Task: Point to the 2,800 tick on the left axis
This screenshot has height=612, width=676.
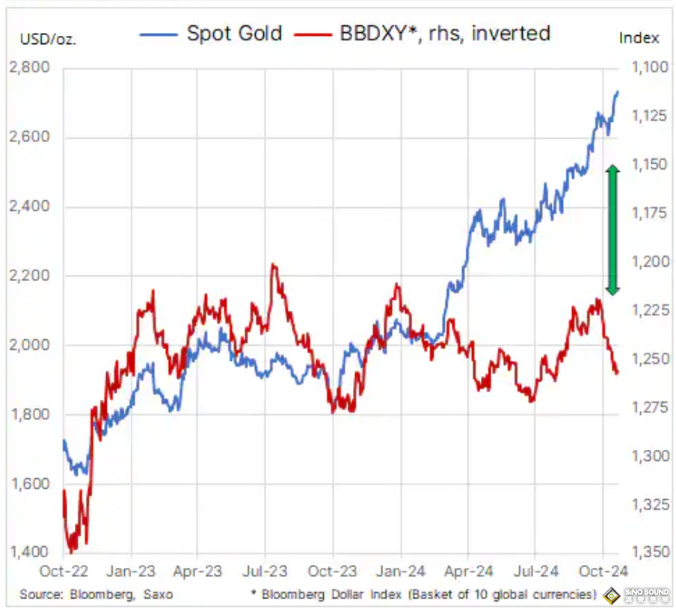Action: click(x=28, y=69)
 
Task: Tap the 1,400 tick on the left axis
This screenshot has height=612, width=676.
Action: click(x=28, y=552)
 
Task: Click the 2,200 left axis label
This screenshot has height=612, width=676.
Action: click(x=28, y=276)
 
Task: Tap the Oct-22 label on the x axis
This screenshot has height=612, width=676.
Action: click(x=64, y=572)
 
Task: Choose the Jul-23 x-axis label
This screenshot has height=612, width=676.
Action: click(x=265, y=572)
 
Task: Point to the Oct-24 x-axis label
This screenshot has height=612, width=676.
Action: click(x=602, y=572)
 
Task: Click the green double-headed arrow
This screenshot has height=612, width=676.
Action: click(x=612, y=229)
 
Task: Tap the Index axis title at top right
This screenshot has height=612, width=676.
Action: click(x=639, y=37)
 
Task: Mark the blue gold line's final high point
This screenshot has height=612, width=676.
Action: click(x=618, y=92)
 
